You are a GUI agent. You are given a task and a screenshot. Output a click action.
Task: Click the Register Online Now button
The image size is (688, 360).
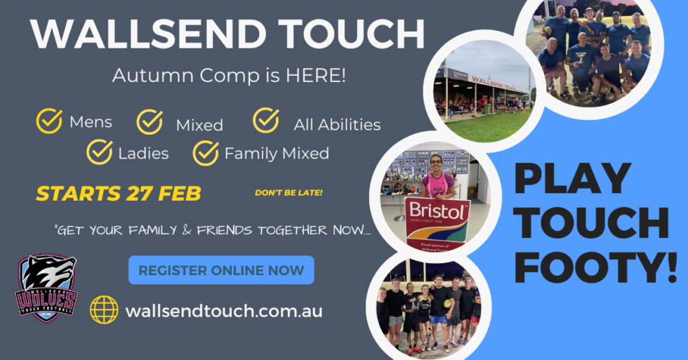tap(221, 270)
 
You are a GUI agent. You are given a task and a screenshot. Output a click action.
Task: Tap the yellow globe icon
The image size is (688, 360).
tap(105, 309)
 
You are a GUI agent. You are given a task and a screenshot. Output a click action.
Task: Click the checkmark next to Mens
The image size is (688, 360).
tap(49, 121)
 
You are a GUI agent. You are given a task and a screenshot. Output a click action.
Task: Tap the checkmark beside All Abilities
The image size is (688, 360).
tap(266, 120)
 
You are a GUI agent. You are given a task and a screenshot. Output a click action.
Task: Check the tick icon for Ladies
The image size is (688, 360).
tap(100, 151)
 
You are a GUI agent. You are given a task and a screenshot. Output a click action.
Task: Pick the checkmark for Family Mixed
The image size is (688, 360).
tap(206, 152)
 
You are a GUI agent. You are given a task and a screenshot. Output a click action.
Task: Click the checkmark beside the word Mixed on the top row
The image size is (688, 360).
tap(150, 121)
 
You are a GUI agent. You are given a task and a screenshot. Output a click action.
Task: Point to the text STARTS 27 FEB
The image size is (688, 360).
tap(119, 194)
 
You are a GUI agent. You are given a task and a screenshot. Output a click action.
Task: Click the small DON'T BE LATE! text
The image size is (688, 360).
tap(289, 192)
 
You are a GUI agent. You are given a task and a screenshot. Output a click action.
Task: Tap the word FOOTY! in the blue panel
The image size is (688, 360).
tap(598, 268)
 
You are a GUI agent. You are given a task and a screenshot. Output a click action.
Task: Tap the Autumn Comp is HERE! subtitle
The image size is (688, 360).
tap(229, 75)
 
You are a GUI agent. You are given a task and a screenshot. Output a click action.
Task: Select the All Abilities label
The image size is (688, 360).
tap(337, 125)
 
